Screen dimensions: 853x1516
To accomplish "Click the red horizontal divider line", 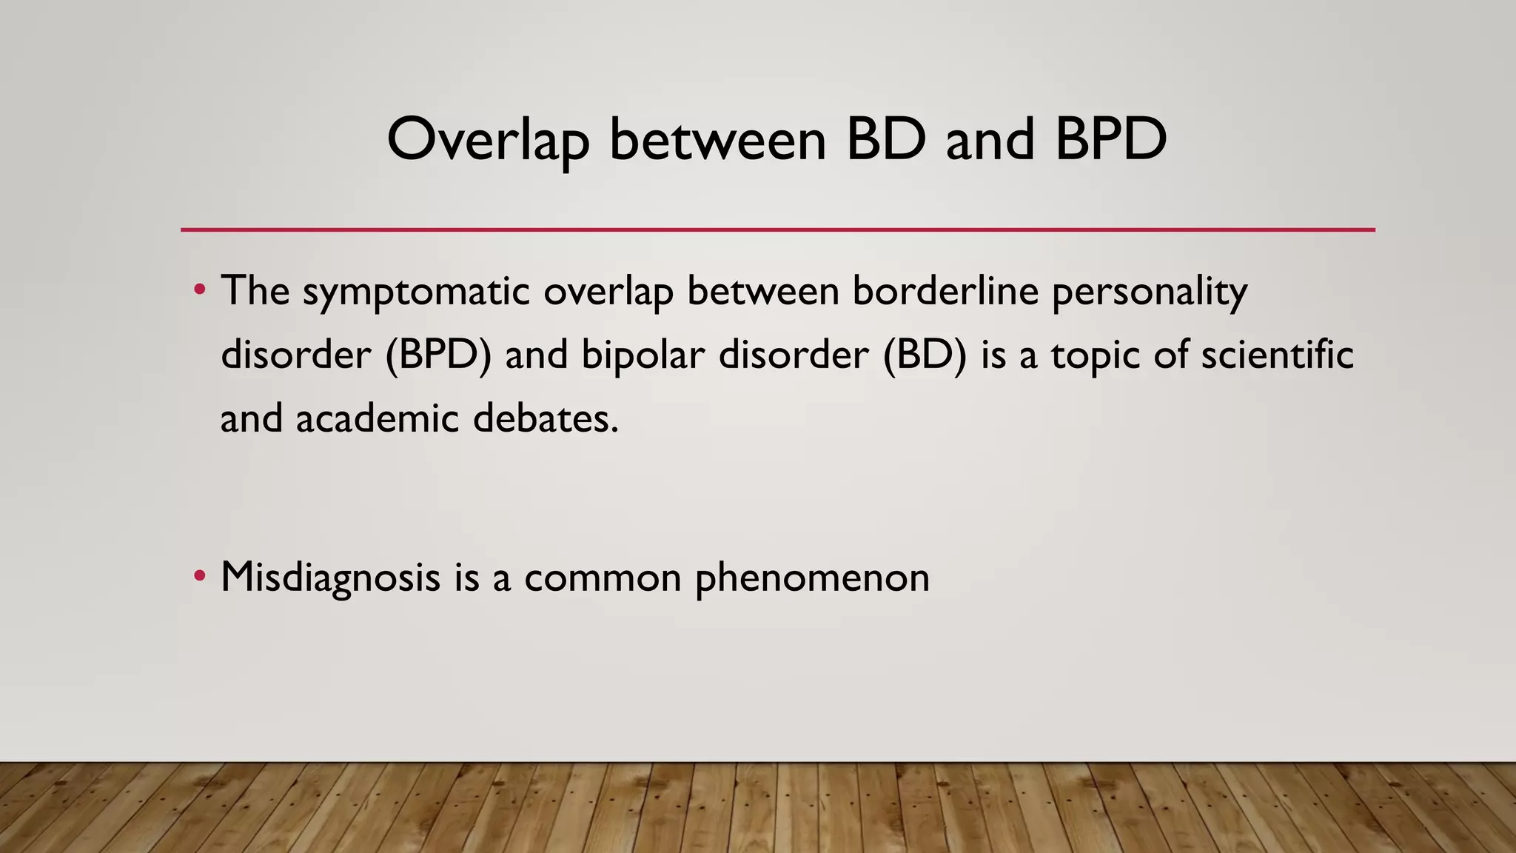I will tap(777, 230).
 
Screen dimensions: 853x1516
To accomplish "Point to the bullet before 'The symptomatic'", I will tap(199, 290).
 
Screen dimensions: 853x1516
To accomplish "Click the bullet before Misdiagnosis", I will tap(199, 576).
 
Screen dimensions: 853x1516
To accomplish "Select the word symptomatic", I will tap(416, 291).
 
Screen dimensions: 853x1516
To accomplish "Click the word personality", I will tap(1150, 291).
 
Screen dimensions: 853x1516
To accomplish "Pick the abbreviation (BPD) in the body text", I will tap(438, 355).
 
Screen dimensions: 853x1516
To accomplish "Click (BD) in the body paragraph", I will tap(925, 355).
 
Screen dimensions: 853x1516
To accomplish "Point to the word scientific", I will tap(1277, 354).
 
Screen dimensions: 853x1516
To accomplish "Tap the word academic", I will tap(378, 418).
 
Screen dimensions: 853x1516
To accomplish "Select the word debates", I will tap(545, 418).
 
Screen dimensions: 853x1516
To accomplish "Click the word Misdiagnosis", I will tap(330, 578).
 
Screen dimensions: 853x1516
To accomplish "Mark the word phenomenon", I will tap(812, 578).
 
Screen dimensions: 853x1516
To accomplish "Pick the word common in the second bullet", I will tap(603, 578).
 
